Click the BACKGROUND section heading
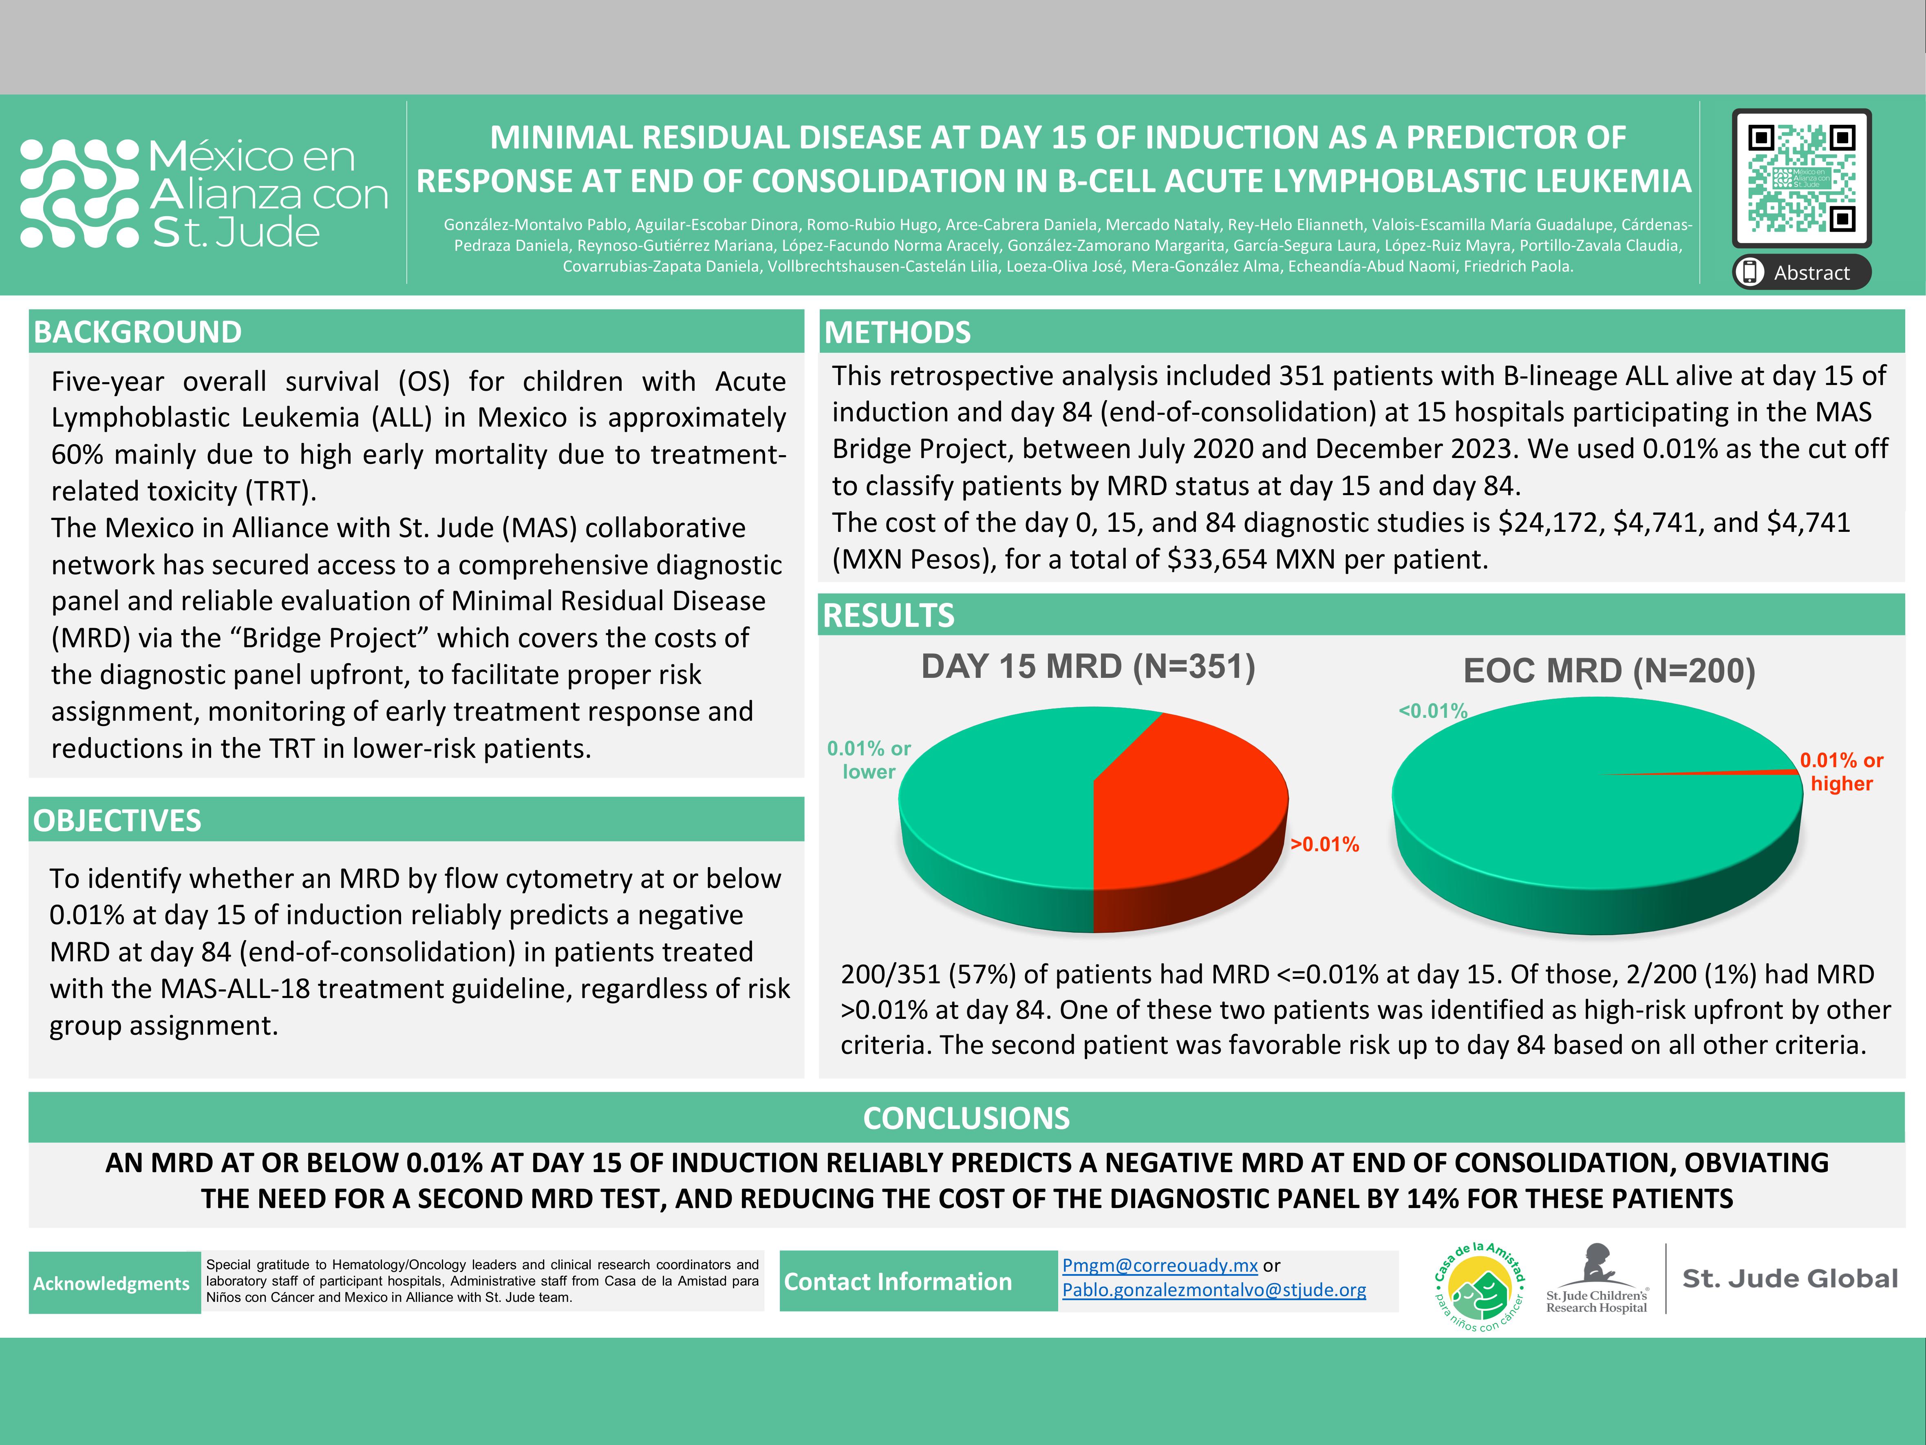click(138, 332)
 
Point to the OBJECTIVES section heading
click(117, 821)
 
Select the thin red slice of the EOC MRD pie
click(1733, 772)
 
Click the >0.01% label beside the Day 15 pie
click(1324, 844)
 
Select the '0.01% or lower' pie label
click(869, 759)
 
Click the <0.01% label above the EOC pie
click(1432, 711)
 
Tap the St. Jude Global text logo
click(1789, 1279)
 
